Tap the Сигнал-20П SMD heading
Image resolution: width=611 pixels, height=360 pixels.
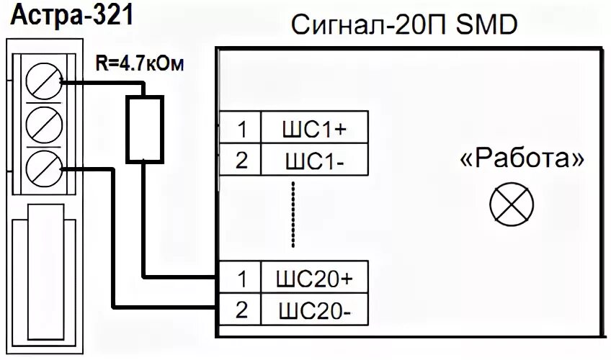pyautogui.click(x=403, y=27)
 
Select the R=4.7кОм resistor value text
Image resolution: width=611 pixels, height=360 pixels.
pyautogui.click(x=139, y=64)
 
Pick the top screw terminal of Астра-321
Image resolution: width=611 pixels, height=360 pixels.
pyautogui.click(x=39, y=82)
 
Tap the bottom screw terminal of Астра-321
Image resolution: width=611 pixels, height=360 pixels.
pyautogui.click(x=39, y=168)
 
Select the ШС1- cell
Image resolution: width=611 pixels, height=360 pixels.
pyautogui.click(x=313, y=159)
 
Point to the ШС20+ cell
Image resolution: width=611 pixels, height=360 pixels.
pyautogui.click(x=313, y=276)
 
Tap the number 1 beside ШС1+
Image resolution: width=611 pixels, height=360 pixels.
pyautogui.click(x=241, y=129)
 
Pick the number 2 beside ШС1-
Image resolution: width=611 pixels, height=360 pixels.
pyautogui.click(x=241, y=159)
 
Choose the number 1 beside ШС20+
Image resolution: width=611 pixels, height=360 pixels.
pyautogui.click(x=241, y=276)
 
